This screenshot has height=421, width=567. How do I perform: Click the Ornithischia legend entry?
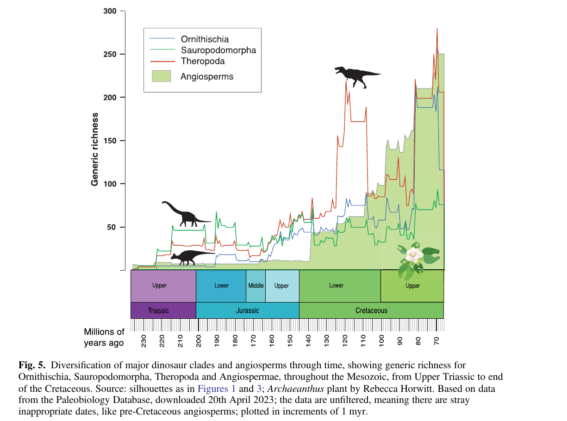pyautogui.click(x=205, y=39)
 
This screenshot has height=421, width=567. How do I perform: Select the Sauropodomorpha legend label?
pyautogui.click(x=218, y=50)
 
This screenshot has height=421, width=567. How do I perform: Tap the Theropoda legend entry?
pyautogui.click(x=203, y=61)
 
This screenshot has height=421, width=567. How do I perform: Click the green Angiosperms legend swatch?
pyautogui.click(x=162, y=76)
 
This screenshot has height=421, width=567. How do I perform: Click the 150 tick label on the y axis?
pyautogui.click(x=110, y=141)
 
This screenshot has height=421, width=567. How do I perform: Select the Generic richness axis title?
pyautogui.click(x=95, y=149)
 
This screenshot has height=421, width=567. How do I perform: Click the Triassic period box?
pyautogui.click(x=158, y=310)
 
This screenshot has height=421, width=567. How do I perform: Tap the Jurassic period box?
pyautogui.click(x=247, y=310)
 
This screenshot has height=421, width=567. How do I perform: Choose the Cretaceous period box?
pyautogui.click(x=371, y=310)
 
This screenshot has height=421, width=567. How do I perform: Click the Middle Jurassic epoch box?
pyautogui.click(x=255, y=285)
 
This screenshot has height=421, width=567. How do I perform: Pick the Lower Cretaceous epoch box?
pyautogui.click(x=336, y=285)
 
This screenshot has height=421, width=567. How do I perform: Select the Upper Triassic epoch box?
pyautogui.click(x=159, y=285)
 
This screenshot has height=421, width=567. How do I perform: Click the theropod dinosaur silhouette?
pyautogui.click(x=356, y=75)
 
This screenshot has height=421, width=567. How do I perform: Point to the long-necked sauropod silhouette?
pyautogui.click(x=185, y=214)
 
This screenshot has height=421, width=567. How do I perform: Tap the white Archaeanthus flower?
pyautogui.click(x=412, y=254)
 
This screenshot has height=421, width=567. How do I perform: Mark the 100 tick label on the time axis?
pyautogui.click(x=382, y=341)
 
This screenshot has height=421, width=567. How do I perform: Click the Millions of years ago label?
pyautogui.click(x=104, y=337)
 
